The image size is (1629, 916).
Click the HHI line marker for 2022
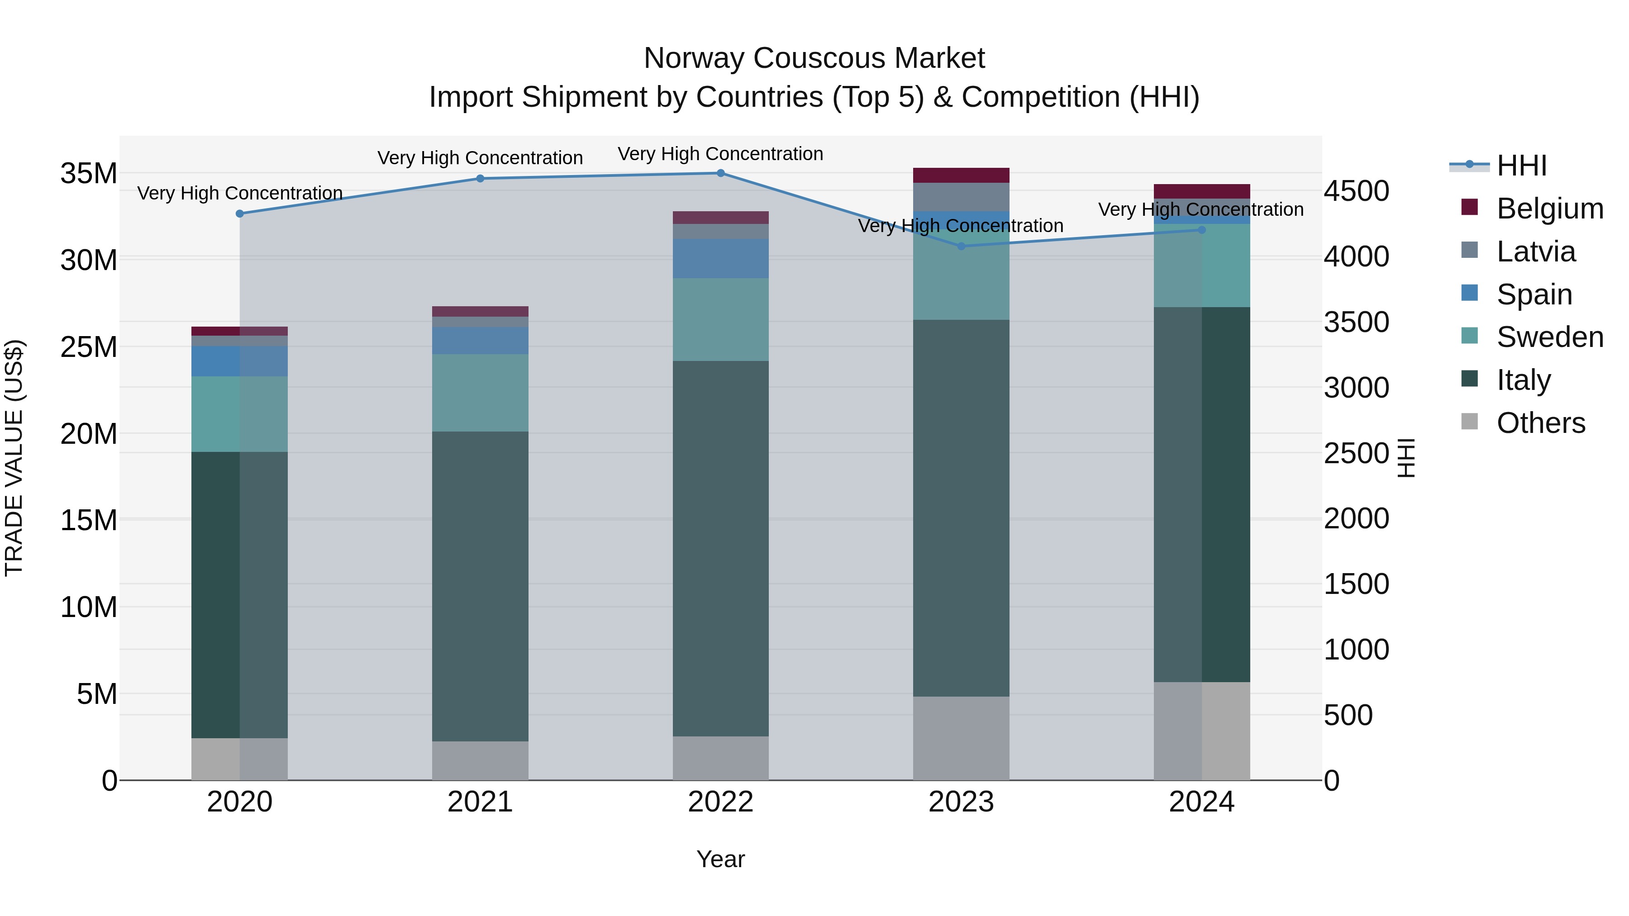coord(720,173)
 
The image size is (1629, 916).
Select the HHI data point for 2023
coord(961,246)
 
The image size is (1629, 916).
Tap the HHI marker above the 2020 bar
coord(240,214)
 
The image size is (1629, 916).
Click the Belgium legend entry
coord(1549,209)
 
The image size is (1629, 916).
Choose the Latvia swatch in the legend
coord(1470,250)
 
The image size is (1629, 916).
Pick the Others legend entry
coord(1540,423)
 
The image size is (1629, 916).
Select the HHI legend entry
coord(1521,166)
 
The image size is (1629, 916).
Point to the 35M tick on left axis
coord(89,173)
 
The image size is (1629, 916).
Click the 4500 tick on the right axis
coord(1357,191)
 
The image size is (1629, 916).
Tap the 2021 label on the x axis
coord(480,802)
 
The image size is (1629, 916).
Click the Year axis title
coord(720,859)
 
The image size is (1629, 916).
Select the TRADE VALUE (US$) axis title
coord(14,458)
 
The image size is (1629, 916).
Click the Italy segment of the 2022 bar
coord(720,548)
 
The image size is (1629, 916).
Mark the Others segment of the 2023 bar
coord(961,738)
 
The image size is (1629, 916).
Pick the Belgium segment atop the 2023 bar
coord(961,175)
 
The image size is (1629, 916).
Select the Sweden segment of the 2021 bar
coord(480,393)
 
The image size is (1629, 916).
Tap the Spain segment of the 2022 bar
coord(720,259)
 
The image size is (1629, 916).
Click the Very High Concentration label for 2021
coord(480,157)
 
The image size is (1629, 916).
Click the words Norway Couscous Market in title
coord(814,58)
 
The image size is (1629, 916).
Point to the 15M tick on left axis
coord(89,520)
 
